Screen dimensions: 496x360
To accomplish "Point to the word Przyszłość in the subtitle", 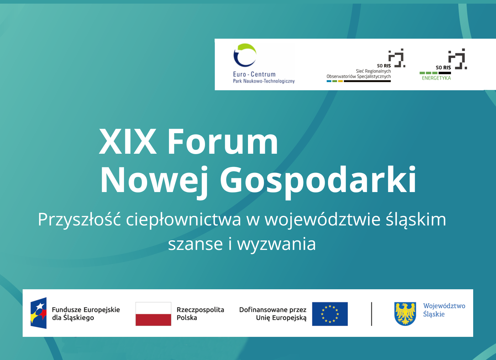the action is [x=79, y=219].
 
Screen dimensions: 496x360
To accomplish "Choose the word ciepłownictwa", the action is [x=183, y=220].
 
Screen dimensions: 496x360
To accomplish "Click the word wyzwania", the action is [x=276, y=244].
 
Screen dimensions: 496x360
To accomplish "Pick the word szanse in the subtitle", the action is [x=195, y=244].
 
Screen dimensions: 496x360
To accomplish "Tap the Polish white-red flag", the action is [x=153, y=314].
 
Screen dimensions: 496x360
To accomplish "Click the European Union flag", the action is [x=330, y=314].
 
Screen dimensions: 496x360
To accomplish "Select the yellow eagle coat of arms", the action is [x=405, y=314].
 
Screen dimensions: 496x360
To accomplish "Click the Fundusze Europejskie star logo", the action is [x=39, y=313].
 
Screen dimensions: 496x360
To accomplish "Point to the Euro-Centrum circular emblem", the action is [x=245, y=55].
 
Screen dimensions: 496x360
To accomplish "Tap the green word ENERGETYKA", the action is [x=436, y=78].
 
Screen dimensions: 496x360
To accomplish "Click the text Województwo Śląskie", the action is [x=444, y=310].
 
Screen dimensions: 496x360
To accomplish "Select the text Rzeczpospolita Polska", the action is [x=200, y=313].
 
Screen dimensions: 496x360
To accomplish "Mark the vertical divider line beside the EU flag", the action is [x=371, y=314].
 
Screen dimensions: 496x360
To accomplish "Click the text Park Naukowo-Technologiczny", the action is [x=264, y=81].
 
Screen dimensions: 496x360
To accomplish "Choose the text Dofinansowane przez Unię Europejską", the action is [x=273, y=314].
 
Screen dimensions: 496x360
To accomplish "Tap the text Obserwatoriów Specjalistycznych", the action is [x=358, y=77].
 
